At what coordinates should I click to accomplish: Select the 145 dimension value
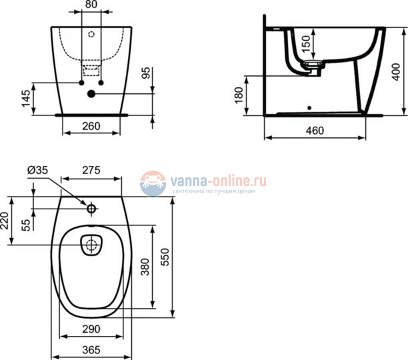tap(25, 98)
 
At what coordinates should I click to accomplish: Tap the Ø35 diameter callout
tap(38, 171)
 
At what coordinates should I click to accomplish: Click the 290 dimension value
tap(91, 329)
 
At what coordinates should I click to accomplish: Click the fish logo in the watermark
tap(153, 183)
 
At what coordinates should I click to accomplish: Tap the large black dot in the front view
tap(91, 94)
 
